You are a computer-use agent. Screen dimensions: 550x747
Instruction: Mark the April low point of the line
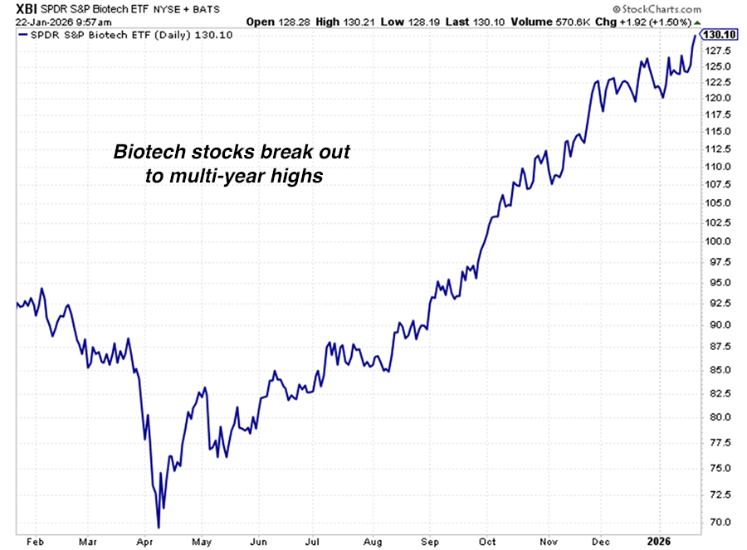pyautogui.click(x=159, y=526)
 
